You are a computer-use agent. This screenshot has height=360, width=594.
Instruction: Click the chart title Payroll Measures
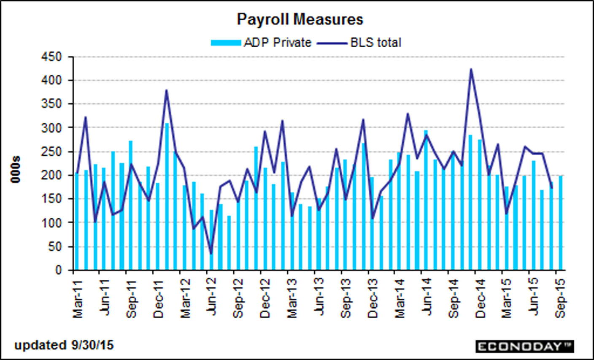[x=300, y=19]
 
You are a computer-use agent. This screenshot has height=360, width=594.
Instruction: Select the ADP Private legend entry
[x=262, y=43]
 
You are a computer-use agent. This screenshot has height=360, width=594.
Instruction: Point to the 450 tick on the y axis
[x=52, y=57]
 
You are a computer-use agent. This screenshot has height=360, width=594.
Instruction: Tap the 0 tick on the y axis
[x=58, y=270]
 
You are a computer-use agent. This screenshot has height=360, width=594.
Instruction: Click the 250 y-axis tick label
[x=52, y=152]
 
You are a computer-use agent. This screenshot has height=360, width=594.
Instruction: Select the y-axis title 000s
[x=16, y=170]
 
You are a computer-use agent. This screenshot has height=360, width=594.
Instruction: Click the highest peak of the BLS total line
[x=471, y=70]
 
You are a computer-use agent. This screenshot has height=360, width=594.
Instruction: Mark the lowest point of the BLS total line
[x=211, y=254]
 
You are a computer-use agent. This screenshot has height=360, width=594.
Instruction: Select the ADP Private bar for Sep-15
[x=561, y=223]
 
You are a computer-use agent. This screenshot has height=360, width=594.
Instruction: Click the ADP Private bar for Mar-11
[x=77, y=222]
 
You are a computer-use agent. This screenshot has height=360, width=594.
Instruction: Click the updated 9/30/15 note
[x=64, y=345]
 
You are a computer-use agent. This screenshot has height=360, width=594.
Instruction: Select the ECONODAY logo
[x=525, y=346]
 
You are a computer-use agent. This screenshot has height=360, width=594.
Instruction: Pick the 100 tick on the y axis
[x=52, y=222]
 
